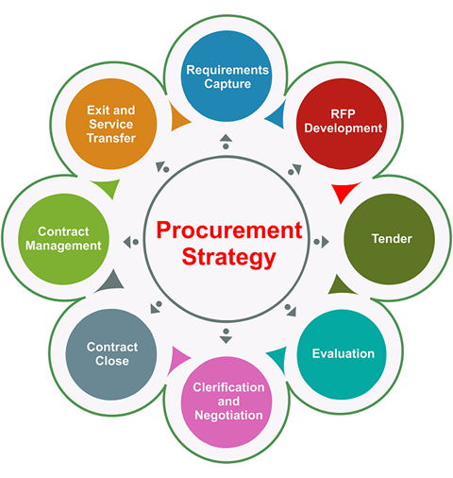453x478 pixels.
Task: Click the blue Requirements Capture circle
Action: (x=226, y=76)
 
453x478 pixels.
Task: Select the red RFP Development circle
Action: (x=342, y=124)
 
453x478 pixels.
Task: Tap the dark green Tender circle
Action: (x=390, y=239)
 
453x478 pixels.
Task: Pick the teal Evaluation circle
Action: (x=342, y=354)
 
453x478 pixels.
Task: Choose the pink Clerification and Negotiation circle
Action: (x=226, y=402)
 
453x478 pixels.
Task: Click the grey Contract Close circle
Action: (x=111, y=354)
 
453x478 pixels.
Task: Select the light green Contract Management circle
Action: (x=63, y=239)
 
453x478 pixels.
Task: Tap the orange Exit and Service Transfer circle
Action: (x=111, y=124)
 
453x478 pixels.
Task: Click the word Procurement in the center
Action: (x=229, y=230)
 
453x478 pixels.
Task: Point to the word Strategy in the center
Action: (x=228, y=258)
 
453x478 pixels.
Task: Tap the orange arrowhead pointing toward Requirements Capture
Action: (x=178, y=117)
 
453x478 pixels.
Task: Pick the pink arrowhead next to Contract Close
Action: (x=177, y=360)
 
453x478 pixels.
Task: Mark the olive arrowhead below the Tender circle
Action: (x=340, y=286)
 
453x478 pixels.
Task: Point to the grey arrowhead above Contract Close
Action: (x=111, y=282)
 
